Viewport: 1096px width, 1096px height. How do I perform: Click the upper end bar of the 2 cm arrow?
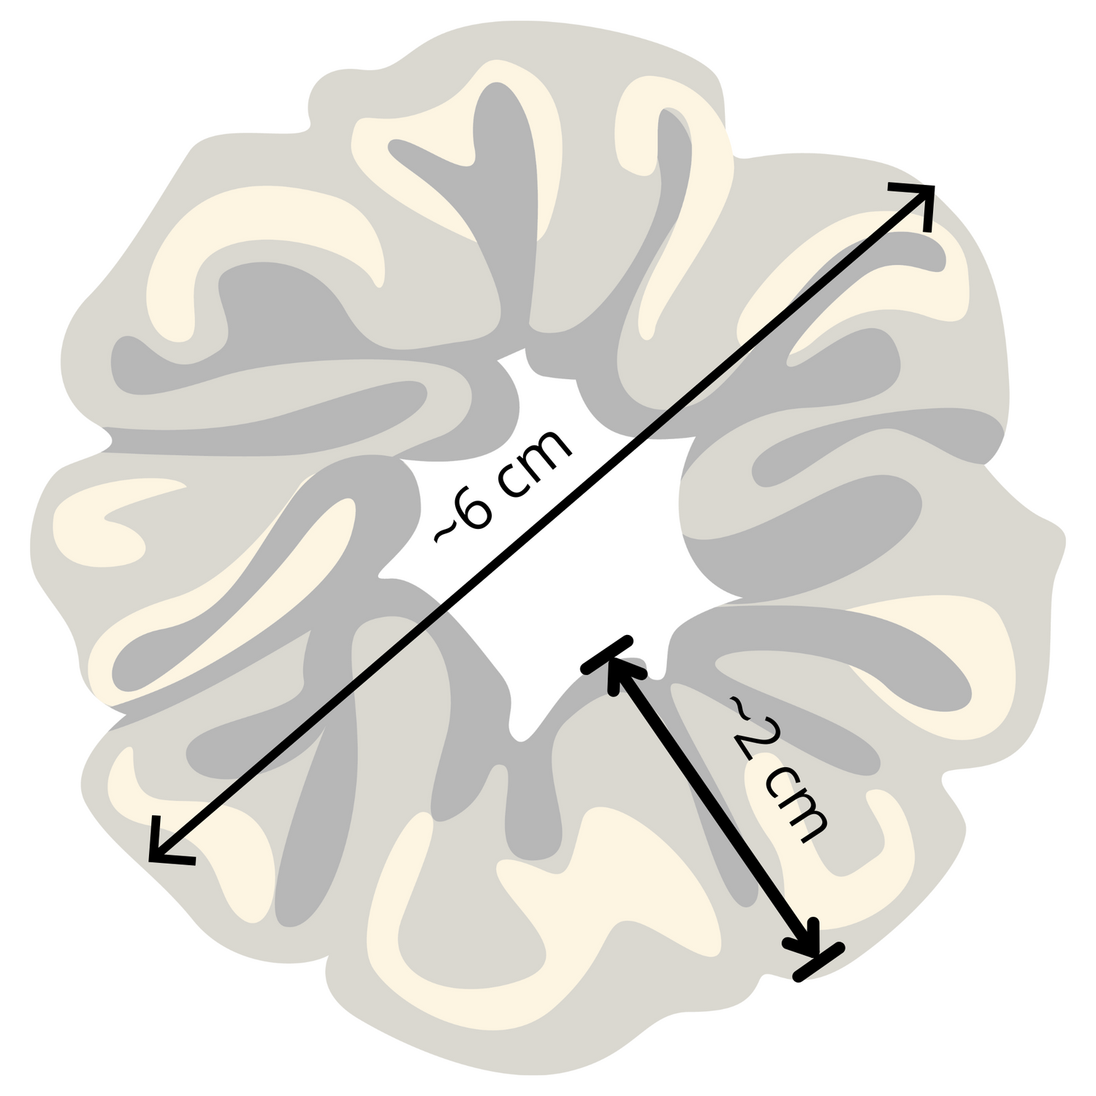point(608,652)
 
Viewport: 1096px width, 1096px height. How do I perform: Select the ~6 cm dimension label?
point(504,486)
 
